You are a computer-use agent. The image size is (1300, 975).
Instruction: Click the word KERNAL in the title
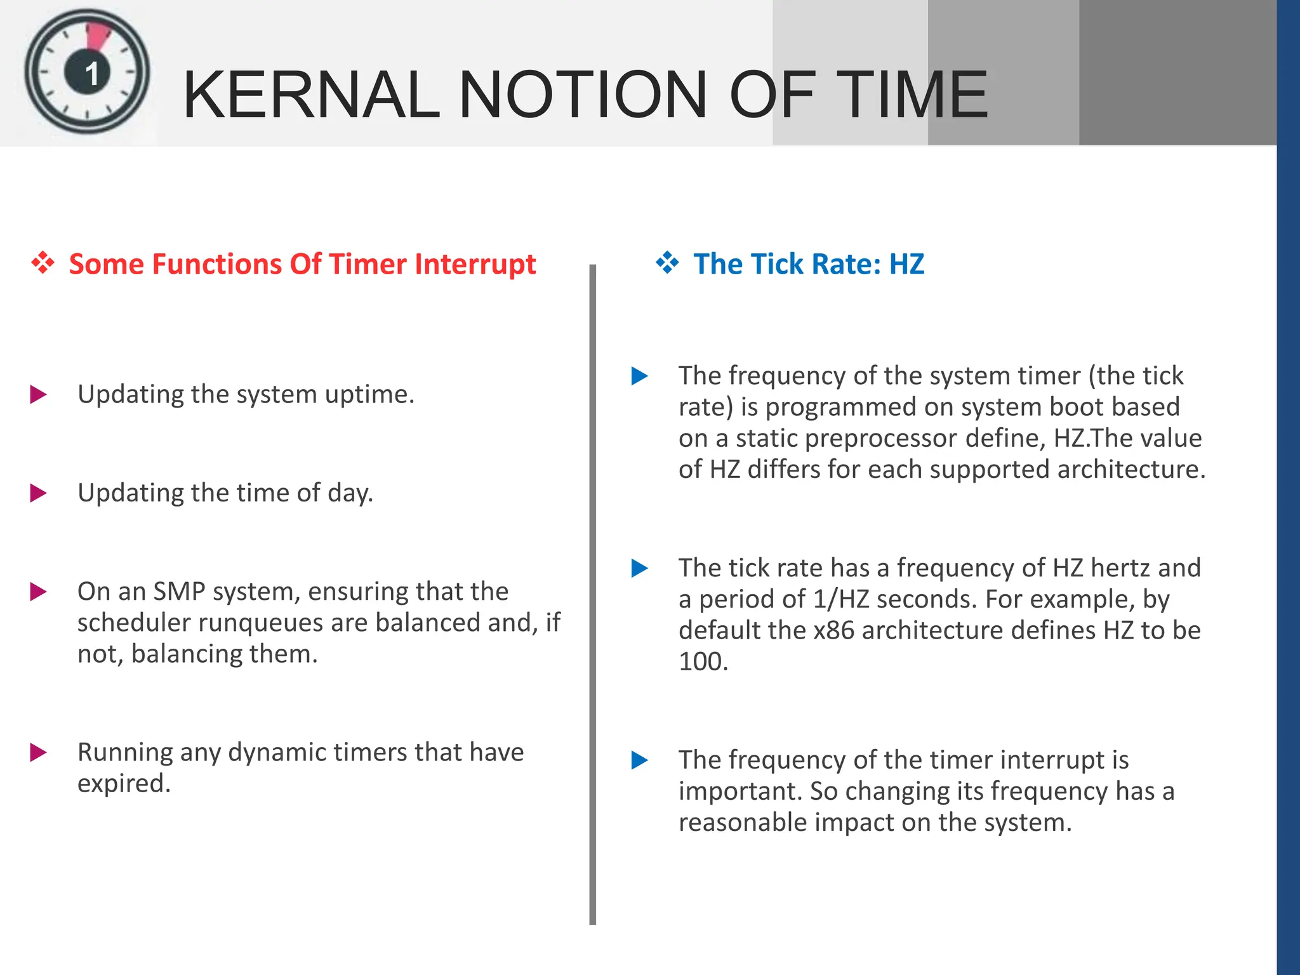311,95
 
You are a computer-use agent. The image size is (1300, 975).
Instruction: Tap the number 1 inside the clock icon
92,74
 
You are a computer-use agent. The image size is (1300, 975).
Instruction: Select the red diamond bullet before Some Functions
43,263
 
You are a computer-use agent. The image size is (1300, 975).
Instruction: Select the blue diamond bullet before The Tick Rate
667,263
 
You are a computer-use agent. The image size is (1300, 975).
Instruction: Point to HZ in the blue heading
906,264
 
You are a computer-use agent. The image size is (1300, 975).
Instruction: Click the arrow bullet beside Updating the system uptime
38,395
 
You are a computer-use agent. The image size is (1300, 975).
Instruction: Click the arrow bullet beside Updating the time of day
38,493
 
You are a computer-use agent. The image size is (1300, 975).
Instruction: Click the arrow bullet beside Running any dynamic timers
38,753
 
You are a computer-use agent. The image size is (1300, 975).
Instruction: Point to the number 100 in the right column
701,661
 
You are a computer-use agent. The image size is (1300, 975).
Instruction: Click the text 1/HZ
840,599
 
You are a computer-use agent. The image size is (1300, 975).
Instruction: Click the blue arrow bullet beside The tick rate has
639,568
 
